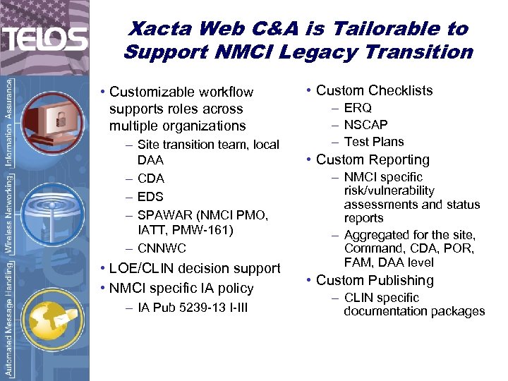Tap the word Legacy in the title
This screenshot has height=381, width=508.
[x=348, y=52]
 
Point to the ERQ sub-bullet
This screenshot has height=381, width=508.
[x=358, y=108]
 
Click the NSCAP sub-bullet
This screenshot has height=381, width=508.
[x=365, y=125]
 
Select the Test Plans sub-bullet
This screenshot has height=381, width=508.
[x=374, y=142]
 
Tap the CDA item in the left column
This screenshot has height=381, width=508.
[x=150, y=179]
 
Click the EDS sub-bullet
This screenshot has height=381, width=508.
[x=150, y=197]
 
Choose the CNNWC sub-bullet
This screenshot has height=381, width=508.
[x=162, y=248]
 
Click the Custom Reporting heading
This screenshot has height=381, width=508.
[x=373, y=160]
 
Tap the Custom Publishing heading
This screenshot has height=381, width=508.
[x=375, y=280]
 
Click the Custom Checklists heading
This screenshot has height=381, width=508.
[x=374, y=90]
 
